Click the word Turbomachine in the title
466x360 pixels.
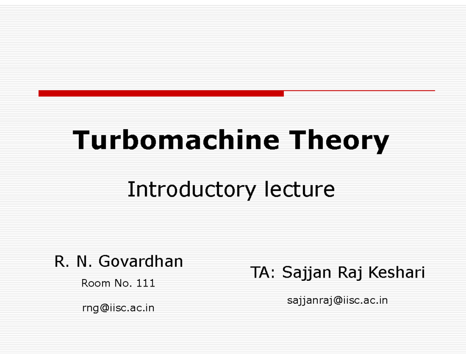[176, 140]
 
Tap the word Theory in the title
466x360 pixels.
[339, 141]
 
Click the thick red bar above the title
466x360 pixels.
[161, 93]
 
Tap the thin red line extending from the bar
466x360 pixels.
[360, 91]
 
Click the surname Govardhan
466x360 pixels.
[141, 261]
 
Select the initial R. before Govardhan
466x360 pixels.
[62, 262]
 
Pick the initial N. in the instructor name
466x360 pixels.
[84, 262]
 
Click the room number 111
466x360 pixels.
[146, 283]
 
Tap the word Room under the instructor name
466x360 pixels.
[96, 283]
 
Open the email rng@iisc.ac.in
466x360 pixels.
[118, 308]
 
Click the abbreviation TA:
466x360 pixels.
[263, 272]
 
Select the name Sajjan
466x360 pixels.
[307, 273]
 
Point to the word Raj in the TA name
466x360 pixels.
[350, 273]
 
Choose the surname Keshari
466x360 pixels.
[396, 272]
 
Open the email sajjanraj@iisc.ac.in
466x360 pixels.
[337, 301]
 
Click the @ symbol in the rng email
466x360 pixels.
[104, 308]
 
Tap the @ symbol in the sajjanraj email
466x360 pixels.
[338, 300]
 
